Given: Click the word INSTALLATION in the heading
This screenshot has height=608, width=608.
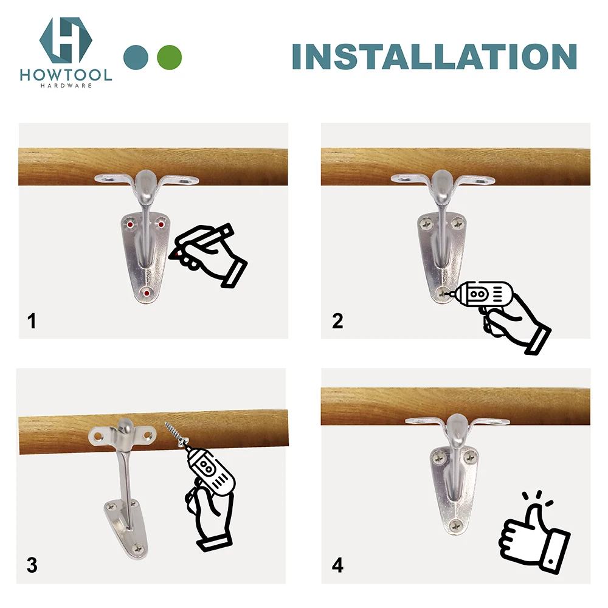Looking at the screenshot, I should [x=434, y=57].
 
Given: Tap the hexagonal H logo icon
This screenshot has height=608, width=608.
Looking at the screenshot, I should [x=66, y=40].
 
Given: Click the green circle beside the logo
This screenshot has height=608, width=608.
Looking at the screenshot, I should [x=169, y=57].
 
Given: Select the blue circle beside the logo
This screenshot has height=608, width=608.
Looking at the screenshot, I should [x=136, y=57].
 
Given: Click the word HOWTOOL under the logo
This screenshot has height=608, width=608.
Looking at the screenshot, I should [x=66, y=75].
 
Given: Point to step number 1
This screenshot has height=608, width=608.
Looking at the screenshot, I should [x=32, y=320].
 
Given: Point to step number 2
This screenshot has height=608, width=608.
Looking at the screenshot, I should [x=337, y=320].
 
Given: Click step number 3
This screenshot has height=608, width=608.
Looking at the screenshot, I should [x=32, y=565].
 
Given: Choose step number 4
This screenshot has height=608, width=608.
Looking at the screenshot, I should [x=337, y=565].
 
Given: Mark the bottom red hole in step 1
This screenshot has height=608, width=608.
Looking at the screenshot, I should [x=147, y=294].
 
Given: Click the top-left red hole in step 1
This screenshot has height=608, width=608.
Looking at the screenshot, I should [x=131, y=224].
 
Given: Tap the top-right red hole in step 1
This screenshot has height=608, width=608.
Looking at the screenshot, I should [x=162, y=224].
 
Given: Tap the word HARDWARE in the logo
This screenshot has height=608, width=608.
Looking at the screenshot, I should [x=66, y=86].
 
